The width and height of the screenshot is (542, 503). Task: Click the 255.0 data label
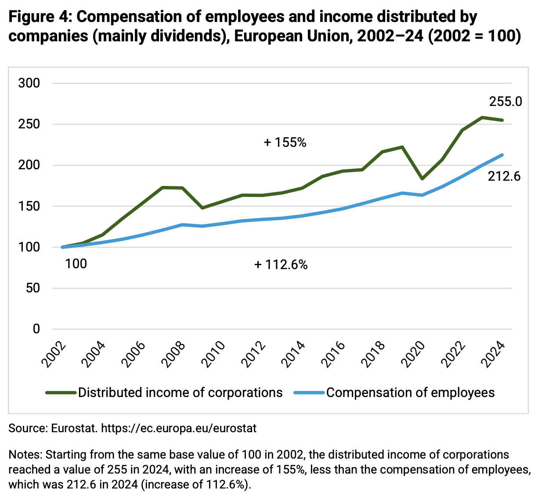pyautogui.click(x=506, y=102)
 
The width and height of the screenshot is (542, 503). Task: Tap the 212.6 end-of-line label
pyautogui.click(x=504, y=176)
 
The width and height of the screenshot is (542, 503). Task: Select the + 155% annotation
pyautogui.click(x=285, y=142)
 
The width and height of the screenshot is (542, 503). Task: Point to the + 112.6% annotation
pyautogui.click(x=281, y=265)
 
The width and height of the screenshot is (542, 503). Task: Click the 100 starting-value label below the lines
pyautogui.click(x=76, y=264)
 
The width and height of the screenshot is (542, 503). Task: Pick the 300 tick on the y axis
pyautogui.click(x=29, y=83)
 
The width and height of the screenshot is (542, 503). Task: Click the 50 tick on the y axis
pyautogui.click(x=33, y=288)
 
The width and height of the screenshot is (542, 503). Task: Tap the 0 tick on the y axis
pyautogui.click(x=36, y=329)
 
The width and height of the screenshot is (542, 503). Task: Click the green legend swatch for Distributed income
pyautogui.click(x=61, y=393)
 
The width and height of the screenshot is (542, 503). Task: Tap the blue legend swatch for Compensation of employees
pyautogui.click(x=309, y=393)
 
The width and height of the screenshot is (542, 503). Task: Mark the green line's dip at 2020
pyautogui.click(x=422, y=179)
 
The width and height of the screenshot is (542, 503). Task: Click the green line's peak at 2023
pyautogui.click(x=482, y=117)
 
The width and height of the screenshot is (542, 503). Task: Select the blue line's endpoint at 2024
pyautogui.click(x=502, y=155)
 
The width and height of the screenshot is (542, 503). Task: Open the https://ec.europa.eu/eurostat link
pyautogui.click(x=179, y=428)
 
